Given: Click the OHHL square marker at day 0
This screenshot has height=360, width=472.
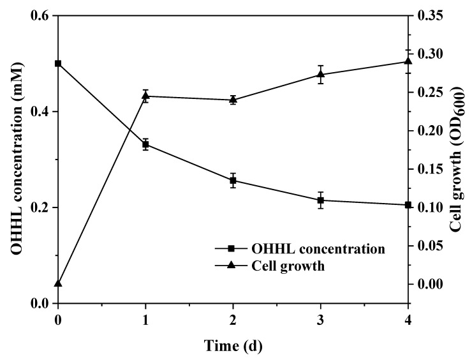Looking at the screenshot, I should pyautogui.click(x=58, y=64).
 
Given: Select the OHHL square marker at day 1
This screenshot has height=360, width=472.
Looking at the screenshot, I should pyautogui.click(x=145, y=144).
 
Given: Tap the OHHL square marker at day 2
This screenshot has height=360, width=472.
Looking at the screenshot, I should pyautogui.click(x=233, y=181).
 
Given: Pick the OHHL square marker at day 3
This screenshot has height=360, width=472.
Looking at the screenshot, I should pyautogui.click(x=320, y=200).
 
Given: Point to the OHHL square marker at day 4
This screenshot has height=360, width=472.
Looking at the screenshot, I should pyautogui.click(x=408, y=205).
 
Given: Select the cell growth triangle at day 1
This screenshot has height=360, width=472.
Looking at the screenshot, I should pyautogui.click(x=145, y=96).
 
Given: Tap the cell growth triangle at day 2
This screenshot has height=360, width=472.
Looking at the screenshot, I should pyautogui.click(x=233, y=99).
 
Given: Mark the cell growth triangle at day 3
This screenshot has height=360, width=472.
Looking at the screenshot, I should pyautogui.click(x=320, y=74).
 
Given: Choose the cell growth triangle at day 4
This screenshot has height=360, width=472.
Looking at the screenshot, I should pyautogui.click(x=408, y=61).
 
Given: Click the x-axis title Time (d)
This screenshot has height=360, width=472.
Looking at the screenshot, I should pyautogui.click(x=232, y=346).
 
